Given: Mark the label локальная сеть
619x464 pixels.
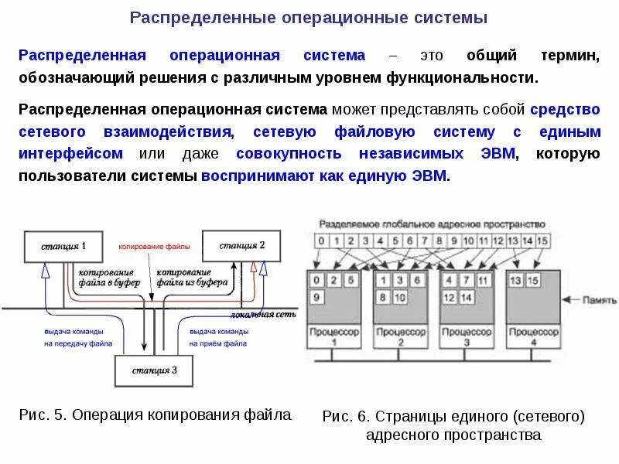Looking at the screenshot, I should pyautogui.click(x=253, y=315).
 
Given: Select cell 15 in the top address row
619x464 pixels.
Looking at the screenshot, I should pyautogui.click(x=542, y=240).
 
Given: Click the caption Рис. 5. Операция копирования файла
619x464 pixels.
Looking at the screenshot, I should pyautogui.click(x=155, y=415).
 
